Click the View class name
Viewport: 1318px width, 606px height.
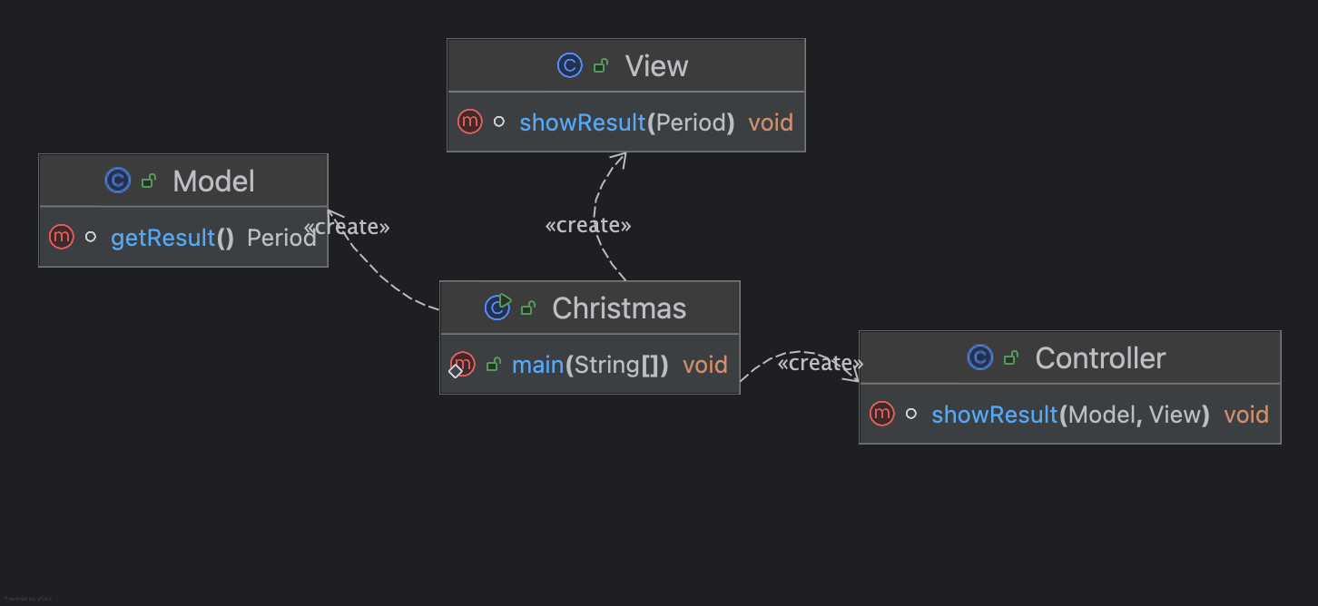pyautogui.click(x=656, y=66)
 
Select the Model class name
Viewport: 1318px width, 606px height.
pyautogui.click(x=213, y=181)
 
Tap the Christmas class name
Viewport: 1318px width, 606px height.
pyautogui.click(x=619, y=308)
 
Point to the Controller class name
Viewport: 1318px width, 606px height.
pyautogui.click(x=1100, y=358)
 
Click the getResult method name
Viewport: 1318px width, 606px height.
pyautogui.click(x=162, y=239)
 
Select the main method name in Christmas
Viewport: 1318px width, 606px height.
pyautogui.click(x=537, y=366)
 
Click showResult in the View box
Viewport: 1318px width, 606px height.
pyautogui.click(x=582, y=122)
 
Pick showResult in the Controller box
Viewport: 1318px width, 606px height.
pyautogui.click(x=995, y=415)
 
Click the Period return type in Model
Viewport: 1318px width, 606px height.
pyautogui.click(x=281, y=239)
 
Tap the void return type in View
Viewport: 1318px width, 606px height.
pyautogui.click(x=771, y=122)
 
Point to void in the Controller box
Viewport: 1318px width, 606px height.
pyautogui.click(x=1246, y=415)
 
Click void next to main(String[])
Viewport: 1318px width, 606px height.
pyautogui.click(x=705, y=366)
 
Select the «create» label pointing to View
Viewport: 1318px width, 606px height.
pyautogui.click(x=587, y=225)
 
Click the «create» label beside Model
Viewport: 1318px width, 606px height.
pyautogui.click(x=347, y=227)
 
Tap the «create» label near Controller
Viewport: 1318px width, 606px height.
pyautogui.click(x=820, y=364)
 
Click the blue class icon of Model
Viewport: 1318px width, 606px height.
pyautogui.click(x=118, y=181)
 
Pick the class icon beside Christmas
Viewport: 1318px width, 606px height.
pyautogui.click(x=497, y=308)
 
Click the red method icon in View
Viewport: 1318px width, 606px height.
pyautogui.click(x=469, y=122)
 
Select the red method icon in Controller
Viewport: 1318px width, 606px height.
pyautogui.click(x=881, y=414)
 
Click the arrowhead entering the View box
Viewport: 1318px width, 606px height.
pyautogui.click(x=618, y=159)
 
